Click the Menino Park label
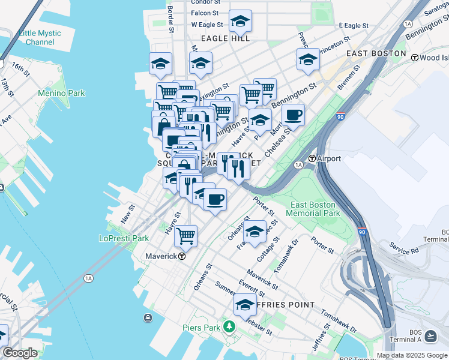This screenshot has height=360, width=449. (x=61, y=93)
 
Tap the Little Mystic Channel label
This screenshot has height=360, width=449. (x=40, y=38)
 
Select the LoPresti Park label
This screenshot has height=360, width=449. (x=124, y=238)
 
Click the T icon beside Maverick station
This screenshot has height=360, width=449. (x=181, y=256)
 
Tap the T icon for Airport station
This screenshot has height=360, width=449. (x=312, y=159)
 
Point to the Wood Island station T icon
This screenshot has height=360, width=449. (x=414, y=58)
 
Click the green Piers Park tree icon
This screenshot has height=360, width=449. (x=228, y=327)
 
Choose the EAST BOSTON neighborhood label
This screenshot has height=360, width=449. (x=376, y=53)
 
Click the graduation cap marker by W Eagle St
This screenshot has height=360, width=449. (x=240, y=21)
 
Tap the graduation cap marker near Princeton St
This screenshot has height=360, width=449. (x=308, y=59)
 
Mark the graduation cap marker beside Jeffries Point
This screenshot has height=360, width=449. (x=245, y=304)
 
